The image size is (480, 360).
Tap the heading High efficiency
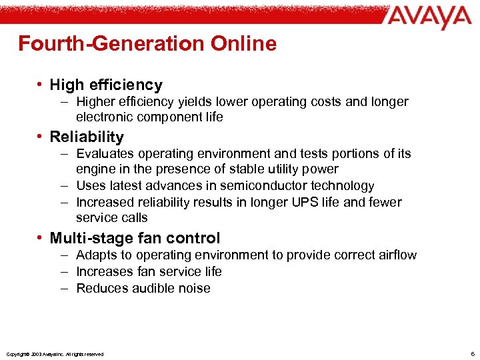(x=106, y=85)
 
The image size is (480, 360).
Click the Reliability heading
(x=87, y=137)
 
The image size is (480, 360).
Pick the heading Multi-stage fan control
(x=135, y=239)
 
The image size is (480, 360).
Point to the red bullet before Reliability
(x=41, y=137)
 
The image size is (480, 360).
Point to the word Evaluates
(x=105, y=154)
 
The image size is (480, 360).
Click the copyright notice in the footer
(x=54, y=354)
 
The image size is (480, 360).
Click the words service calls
(x=112, y=218)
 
